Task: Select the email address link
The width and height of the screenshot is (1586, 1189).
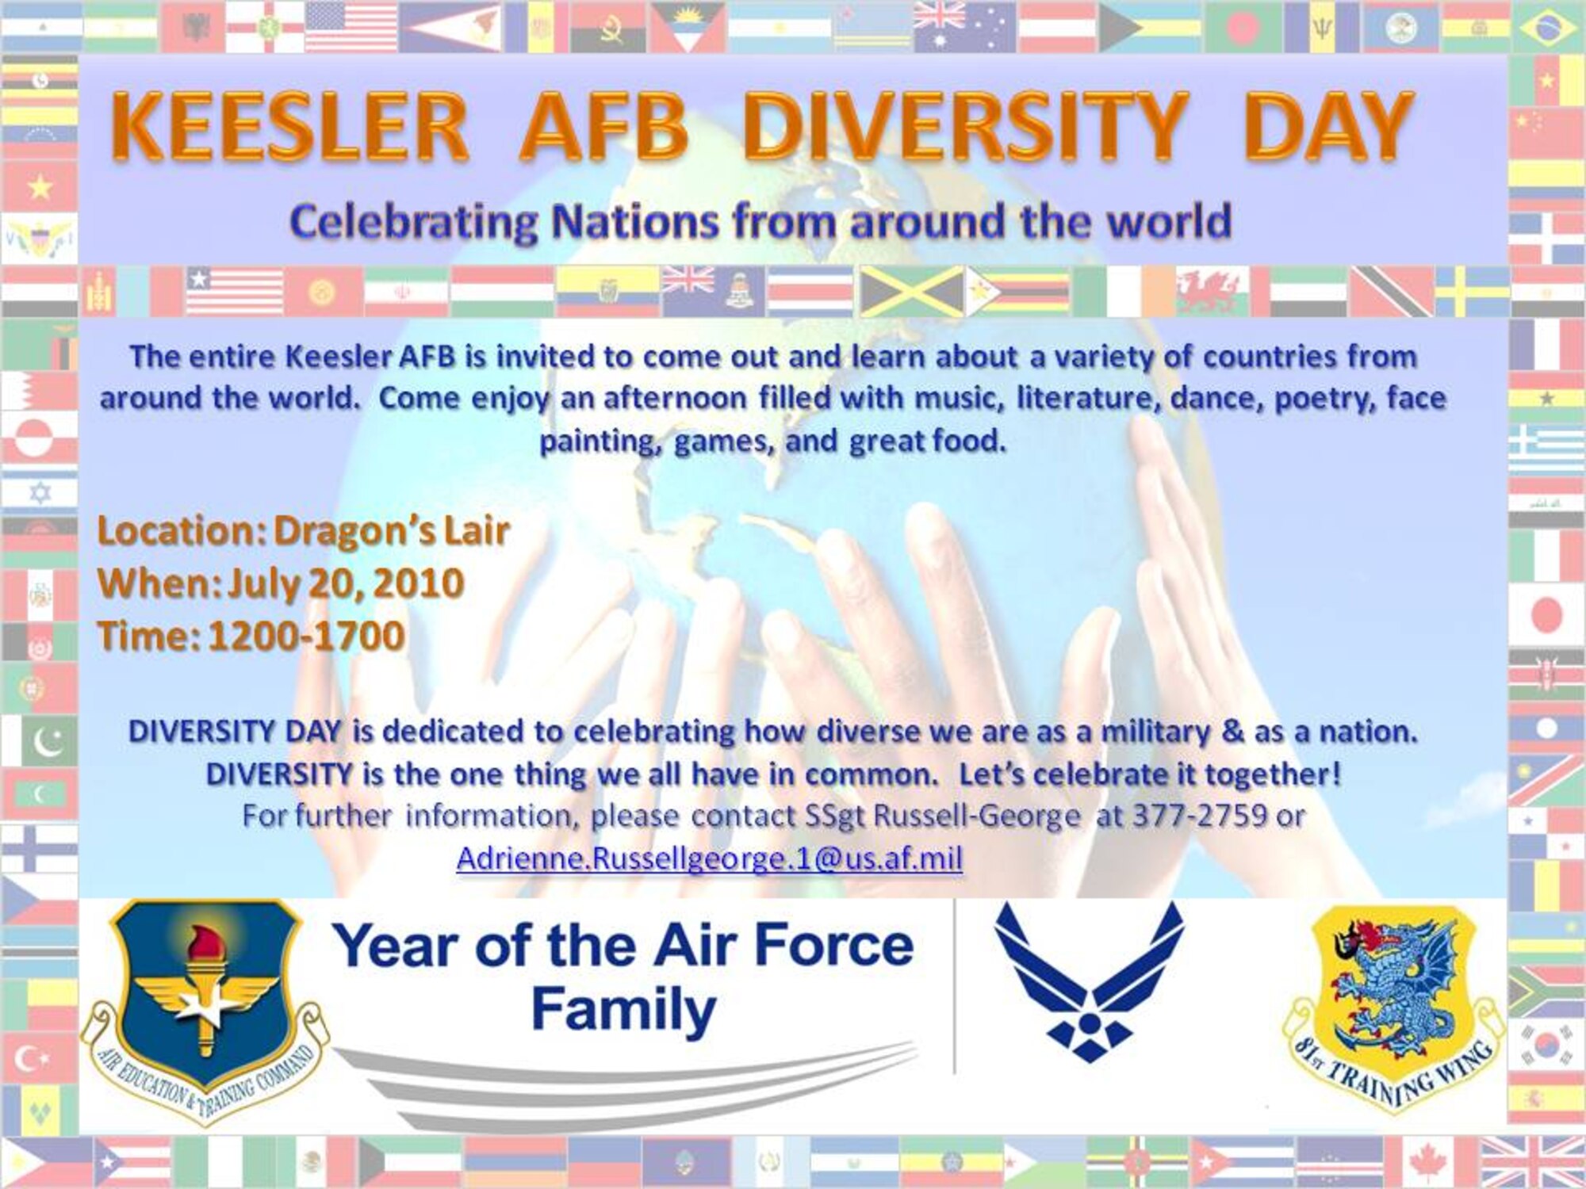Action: pyautogui.click(x=710, y=858)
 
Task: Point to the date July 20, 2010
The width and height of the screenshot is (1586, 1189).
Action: pyautogui.click(x=345, y=584)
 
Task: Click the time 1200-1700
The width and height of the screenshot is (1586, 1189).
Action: pyautogui.click(x=306, y=636)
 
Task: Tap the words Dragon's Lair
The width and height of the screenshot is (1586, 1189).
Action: pyautogui.click(x=391, y=531)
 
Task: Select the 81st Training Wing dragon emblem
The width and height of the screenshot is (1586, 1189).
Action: pyautogui.click(x=1393, y=1011)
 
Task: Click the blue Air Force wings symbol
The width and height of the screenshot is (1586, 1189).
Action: pyautogui.click(x=1089, y=983)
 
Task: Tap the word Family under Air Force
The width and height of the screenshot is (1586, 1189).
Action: pyautogui.click(x=624, y=1011)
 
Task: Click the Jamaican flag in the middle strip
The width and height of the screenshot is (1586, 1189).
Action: pyautogui.click(x=912, y=290)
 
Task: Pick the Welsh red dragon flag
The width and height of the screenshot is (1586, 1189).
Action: pyautogui.click(x=1213, y=290)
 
